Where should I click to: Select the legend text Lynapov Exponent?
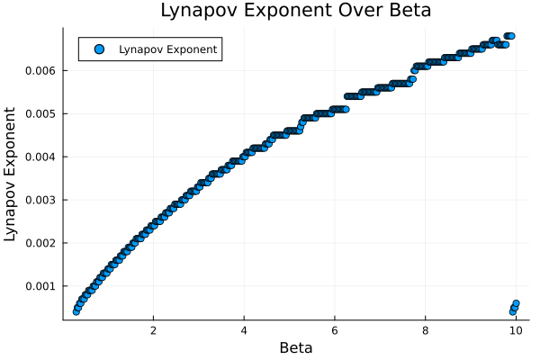168,49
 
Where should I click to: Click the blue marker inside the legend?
99,49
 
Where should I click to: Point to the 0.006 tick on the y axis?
40,70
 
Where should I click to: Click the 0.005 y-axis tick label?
40,113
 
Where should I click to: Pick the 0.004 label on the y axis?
40,157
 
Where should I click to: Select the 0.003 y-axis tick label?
40,200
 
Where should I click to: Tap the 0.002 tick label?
40,243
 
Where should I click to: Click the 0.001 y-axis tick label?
40,286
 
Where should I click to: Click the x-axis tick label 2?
153,330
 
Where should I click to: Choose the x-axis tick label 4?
244,330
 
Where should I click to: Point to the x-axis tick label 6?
335,330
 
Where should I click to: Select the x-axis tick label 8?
425,330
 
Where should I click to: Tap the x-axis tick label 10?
516,330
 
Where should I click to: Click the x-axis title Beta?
296,347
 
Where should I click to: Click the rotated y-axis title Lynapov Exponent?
12,174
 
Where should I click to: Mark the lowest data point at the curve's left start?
76,311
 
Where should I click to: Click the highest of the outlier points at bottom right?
516,303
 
